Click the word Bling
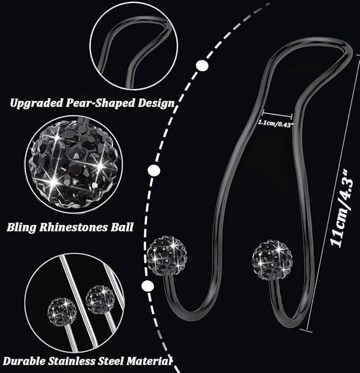tap(22, 228)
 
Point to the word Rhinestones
tap(74, 227)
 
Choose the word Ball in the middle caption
tap(122, 227)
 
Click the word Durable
tap(24, 361)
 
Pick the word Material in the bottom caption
tap(149, 361)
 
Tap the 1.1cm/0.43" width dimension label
tap(276, 124)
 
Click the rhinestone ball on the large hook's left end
tap(166, 256)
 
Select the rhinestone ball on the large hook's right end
tap(273, 260)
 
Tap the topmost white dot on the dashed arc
tap(202, 65)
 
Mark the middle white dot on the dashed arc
tap(154, 170)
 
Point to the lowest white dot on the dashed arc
tap(147, 285)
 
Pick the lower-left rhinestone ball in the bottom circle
tap(62, 311)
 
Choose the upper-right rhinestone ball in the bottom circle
tap(100, 299)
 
